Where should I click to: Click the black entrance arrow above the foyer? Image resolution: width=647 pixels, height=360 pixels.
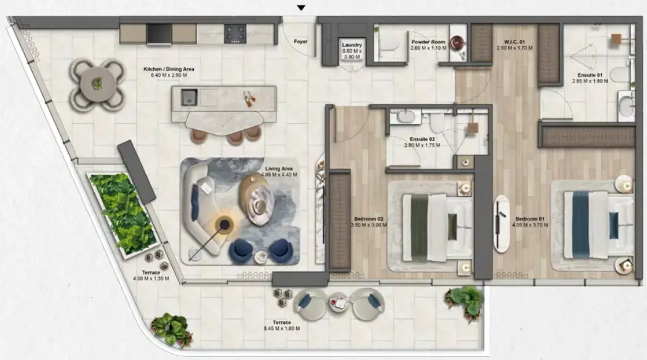point(300,8)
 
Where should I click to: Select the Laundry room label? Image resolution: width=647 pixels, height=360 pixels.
point(352,46)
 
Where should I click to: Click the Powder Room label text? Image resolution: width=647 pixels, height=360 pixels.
point(424,42)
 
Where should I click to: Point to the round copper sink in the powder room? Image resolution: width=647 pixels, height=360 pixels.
point(457,42)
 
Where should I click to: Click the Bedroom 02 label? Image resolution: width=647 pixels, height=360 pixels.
point(369,218)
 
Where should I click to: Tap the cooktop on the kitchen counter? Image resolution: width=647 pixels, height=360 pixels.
point(235,33)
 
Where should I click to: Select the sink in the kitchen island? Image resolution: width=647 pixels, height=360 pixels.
point(188,97)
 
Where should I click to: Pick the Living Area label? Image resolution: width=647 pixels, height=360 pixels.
point(278,169)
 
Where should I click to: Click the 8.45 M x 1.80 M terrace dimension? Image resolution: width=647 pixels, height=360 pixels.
point(282,328)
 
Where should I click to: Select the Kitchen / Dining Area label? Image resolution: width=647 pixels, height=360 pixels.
point(169,69)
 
